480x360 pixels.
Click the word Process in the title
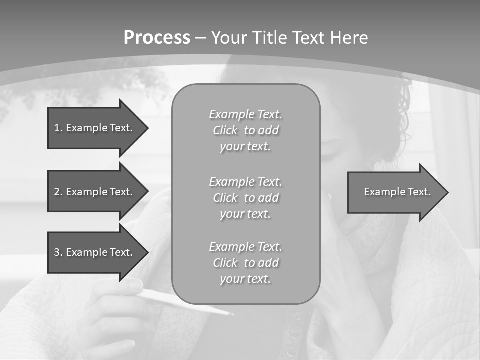coord(157,38)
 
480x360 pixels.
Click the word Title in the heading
coord(270,38)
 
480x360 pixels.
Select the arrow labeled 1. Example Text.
coord(95,128)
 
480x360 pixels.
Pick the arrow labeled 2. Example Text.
coord(95,192)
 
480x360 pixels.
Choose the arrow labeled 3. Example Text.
coord(95,252)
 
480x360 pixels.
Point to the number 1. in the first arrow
coord(58,128)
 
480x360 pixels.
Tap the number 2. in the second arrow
coord(58,192)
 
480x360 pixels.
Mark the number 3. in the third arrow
coord(58,252)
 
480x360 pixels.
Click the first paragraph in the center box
coord(246,130)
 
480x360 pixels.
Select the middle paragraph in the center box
coord(246,198)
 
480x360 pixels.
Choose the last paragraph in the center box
coord(246,263)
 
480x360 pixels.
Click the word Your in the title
coord(229,38)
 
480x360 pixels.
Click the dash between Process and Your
coord(201,38)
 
